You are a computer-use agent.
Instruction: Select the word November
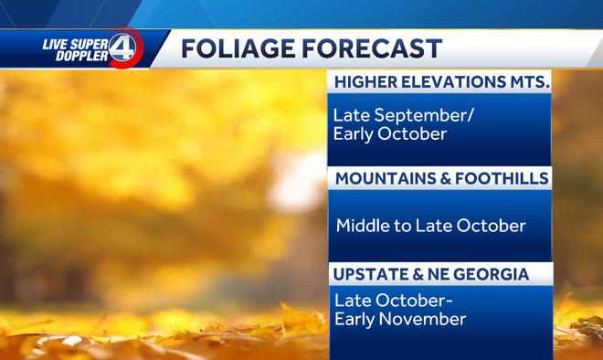pyautogui.click(x=421, y=319)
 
